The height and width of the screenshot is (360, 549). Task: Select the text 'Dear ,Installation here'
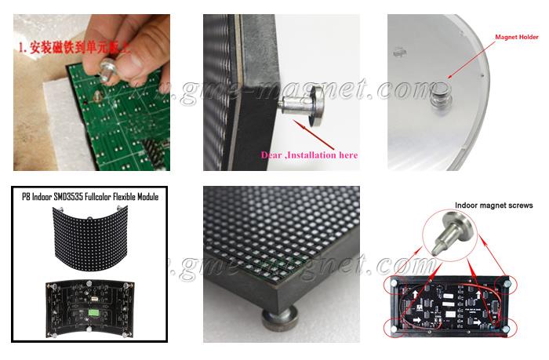click(309, 155)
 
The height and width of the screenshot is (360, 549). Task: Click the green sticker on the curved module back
click(96, 311)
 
